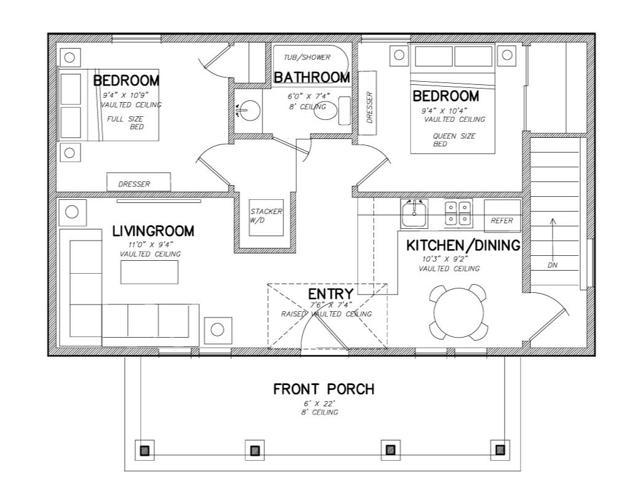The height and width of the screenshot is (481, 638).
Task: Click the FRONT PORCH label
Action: (323, 389)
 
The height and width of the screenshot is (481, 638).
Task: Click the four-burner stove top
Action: (458, 213)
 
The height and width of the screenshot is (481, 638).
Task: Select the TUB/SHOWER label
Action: (307, 58)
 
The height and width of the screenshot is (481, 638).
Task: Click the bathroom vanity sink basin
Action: (250, 111)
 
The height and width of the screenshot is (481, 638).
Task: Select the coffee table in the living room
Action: (149, 272)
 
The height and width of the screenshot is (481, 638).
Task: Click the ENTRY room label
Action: (331, 294)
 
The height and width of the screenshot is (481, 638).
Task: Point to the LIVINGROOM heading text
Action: (153, 231)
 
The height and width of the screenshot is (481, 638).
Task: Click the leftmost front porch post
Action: (144, 450)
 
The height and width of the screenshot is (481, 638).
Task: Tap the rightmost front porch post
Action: (500, 450)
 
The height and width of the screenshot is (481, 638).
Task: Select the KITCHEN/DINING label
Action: (463, 245)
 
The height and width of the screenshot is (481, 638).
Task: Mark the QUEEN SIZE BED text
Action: (453, 140)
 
